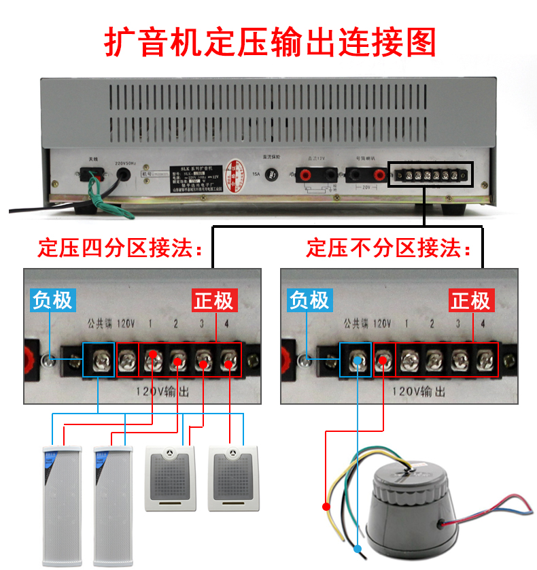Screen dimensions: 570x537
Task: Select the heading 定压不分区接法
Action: click(x=388, y=248)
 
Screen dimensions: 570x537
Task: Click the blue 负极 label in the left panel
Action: click(x=52, y=300)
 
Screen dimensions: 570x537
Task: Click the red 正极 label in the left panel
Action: click(x=213, y=300)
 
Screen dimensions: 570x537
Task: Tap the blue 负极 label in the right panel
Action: click(x=309, y=300)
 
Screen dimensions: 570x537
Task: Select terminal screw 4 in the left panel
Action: click(x=228, y=358)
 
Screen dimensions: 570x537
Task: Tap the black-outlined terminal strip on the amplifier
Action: click(x=429, y=175)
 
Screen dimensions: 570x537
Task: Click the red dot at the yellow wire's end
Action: click(x=326, y=507)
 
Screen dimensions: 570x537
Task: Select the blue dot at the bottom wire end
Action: click(x=358, y=548)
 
